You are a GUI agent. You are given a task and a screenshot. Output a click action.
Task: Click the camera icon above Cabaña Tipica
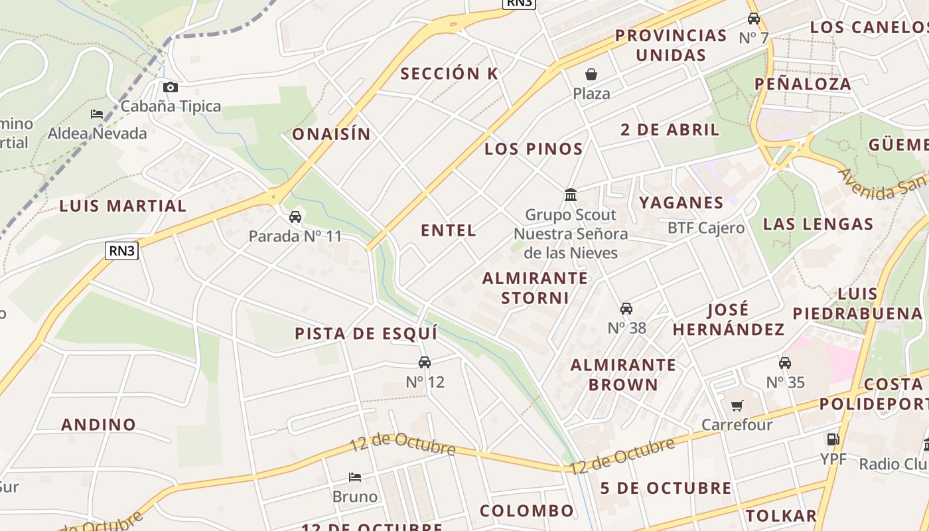[x=171, y=87]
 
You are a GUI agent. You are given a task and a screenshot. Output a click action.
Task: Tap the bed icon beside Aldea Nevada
[x=97, y=114]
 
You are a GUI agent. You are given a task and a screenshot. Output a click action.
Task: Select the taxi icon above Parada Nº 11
[x=295, y=217]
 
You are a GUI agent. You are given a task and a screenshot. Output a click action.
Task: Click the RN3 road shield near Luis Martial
[x=121, y=250]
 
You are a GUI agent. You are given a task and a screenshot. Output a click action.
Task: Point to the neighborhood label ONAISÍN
[x=332, y=134]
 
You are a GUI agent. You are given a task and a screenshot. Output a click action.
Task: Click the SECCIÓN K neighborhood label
[x=449, y=74]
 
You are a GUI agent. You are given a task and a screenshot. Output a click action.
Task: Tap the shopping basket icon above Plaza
[x=591, y=74]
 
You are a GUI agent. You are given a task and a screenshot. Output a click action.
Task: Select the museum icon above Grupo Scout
[x=571, y=195]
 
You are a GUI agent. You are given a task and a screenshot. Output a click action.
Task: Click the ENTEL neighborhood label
[x=449, y=230]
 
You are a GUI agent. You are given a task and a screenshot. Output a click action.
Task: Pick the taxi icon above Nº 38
[x=626, y=309]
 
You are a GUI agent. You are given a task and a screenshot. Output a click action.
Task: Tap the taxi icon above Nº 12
[x=425, y=362]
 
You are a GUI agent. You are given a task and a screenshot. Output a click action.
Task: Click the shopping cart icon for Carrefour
[x=737, y=406]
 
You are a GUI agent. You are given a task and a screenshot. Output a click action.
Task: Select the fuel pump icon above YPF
[x=833, y=439]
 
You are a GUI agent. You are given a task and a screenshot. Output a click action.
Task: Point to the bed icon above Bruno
[x=355, y=477]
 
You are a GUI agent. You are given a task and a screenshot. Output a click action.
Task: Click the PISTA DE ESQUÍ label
[x=366, y=333]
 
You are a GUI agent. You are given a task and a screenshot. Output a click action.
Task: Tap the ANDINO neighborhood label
[x=99, y=424]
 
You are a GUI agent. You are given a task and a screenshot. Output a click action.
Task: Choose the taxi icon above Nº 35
[x=785, y=363]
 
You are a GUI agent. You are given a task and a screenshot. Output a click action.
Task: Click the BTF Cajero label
[x=706, y=228]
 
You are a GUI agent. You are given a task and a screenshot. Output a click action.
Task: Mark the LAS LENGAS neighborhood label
[x=818, y=224]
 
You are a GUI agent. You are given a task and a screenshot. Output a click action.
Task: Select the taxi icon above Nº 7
[x=754, y=19]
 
